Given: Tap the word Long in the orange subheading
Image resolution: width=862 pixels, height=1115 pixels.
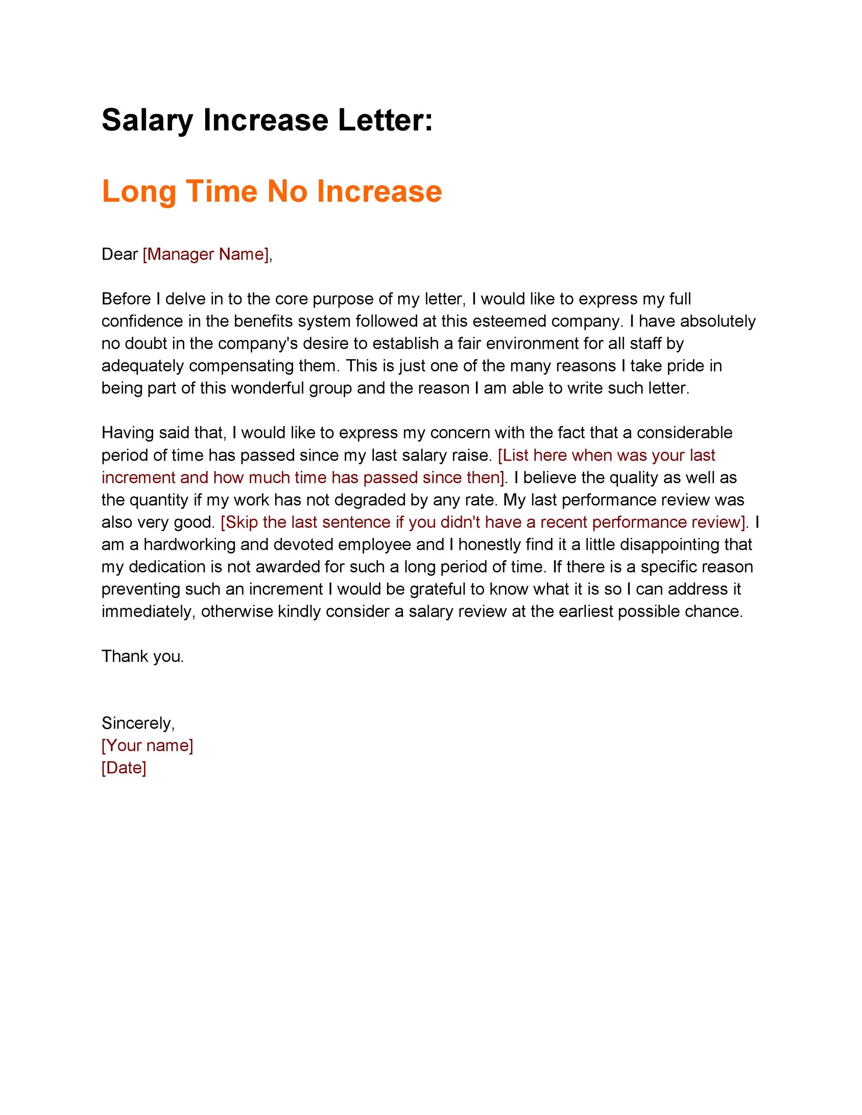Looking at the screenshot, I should click(139, 191).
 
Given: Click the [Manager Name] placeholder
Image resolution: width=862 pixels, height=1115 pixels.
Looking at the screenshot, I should click(206, 254).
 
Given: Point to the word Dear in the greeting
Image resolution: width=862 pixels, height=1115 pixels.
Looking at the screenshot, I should click(120, 254).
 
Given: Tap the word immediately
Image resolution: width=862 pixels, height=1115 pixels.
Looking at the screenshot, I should click(148, 611).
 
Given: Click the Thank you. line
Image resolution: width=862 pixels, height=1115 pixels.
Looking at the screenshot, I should click(142, 656).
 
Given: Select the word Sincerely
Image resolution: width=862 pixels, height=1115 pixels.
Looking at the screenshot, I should click(138, 723).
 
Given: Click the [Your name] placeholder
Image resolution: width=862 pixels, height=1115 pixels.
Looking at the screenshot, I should click(147, 745).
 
